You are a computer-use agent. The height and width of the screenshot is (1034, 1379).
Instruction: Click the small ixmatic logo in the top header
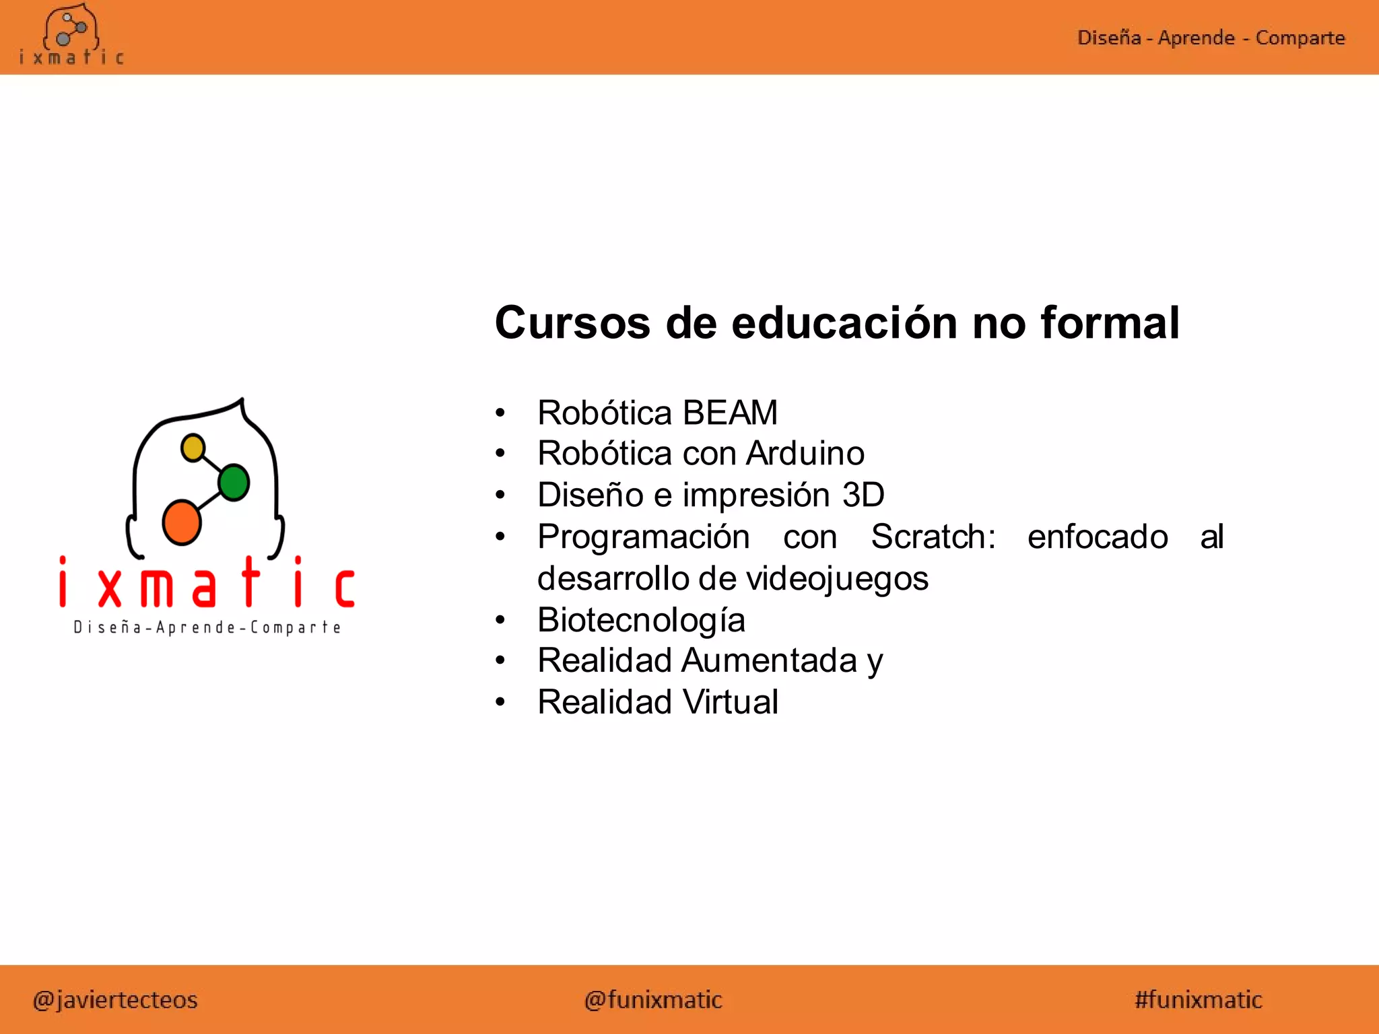tap(71, 35)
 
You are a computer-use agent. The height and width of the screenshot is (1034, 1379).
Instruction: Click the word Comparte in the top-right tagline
tap(1300, 38)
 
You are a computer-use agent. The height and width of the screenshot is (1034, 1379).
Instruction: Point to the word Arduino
tap(805, 454)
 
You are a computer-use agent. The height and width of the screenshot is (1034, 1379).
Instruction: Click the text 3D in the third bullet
tap(863, 495)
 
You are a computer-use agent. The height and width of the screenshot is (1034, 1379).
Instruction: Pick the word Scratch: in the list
tap(933, 537)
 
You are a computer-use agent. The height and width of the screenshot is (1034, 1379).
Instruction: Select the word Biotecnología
tap(641, 620)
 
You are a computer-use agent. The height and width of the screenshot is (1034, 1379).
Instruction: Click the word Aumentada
tap(769, 660)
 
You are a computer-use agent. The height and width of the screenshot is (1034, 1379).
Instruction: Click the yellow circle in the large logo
tap(193, 448)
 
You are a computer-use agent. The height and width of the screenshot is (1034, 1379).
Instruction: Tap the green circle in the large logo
tap(234, 482)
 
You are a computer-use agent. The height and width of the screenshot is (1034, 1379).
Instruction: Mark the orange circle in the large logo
tap(181, 522)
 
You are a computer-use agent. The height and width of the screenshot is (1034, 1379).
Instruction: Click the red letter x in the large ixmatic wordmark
tap(110, 588)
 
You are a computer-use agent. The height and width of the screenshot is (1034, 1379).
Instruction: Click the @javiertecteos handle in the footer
tap(115, 1000)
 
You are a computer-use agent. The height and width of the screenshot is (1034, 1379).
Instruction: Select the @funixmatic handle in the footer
tap(653, 1000)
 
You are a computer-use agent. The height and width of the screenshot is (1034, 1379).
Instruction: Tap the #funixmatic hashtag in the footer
tap(1198, 1000)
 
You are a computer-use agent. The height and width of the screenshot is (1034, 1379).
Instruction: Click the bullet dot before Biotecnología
tap(500, 620)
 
